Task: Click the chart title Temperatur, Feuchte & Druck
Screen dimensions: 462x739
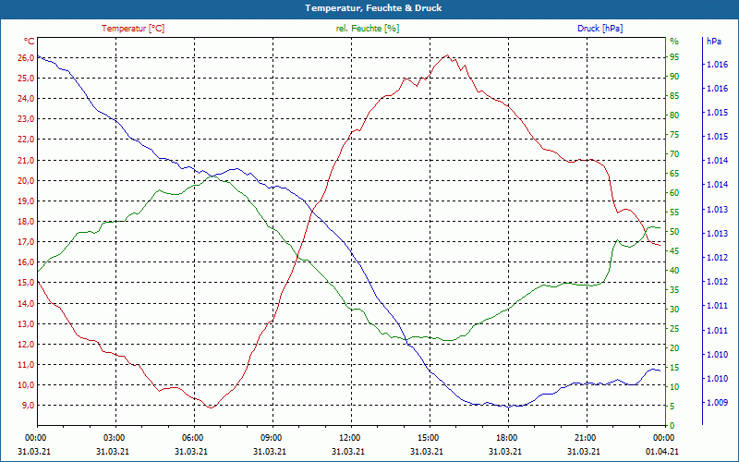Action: pyautogui.click(x=369, y=8)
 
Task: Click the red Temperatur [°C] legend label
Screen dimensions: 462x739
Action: pyautogui.click(x=133, y=29)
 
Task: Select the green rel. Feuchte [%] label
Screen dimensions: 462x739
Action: pyautogui.click(x=368, y=29)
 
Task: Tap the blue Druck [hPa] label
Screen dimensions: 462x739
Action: pyautogui.click(x=600, y=29)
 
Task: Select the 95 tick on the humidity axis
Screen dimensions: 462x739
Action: pyautogui.click(x=674, y=57)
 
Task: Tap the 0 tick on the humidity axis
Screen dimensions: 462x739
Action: pyautogui.click(x=672, y=425)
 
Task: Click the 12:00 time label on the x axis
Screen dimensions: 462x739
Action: pyautogui.click(x=349, y=437)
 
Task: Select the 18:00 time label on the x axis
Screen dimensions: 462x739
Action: pyautogui.click(x=506, y=437)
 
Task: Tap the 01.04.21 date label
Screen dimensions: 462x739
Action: pyautogui.click(x=663, y=450)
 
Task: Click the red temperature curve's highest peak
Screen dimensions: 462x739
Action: pyautogui.click(x=447, y=55)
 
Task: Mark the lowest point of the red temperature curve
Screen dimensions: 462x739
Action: pyautogui.click(x=212, y=407)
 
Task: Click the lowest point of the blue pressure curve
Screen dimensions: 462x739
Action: pyautogui.click(x=509, y=407)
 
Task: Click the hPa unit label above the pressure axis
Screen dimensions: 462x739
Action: pyautogui.click(x=713, y=42)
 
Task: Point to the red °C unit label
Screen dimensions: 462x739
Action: pyautogui.click(x=29, y=42)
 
